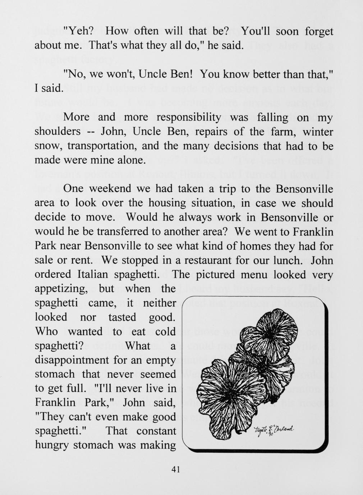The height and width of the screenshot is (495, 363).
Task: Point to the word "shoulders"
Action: coord(58,132)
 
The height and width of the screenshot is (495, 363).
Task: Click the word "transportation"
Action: coord(108,146)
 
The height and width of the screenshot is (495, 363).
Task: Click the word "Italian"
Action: coord(93,274)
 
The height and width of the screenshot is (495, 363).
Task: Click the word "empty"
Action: coord(161,360)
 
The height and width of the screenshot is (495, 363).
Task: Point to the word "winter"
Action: coord(318,132)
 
